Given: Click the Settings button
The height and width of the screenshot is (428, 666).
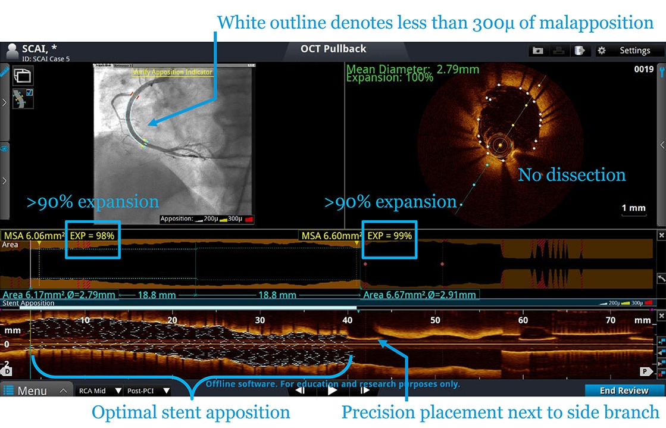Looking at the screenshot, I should click(x=634, y=51).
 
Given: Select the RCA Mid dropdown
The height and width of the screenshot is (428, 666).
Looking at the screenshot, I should click(x=99, y=391).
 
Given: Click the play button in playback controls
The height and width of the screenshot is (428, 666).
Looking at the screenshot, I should click(x=332, y=390).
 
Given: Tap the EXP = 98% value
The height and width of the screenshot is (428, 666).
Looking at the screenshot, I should click(x=92, y=236).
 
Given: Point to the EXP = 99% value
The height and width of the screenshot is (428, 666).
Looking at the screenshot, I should click(x=389, y=236).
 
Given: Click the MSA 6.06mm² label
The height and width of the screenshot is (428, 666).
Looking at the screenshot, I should click(x=33, y=236).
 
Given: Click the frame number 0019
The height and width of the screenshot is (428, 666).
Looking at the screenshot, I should click(x=643, y=70).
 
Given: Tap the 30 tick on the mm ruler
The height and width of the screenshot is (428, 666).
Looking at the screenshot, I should click(x=259, y=320).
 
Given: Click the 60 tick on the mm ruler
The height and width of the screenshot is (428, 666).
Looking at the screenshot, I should click(x=523, y=320).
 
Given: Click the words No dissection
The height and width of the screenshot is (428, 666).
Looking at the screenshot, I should click(x=571, y=175).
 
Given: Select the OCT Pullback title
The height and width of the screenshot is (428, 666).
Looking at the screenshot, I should click(x=333, y=49).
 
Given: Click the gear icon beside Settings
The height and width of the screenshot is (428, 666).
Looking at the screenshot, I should click(x=601, y=51).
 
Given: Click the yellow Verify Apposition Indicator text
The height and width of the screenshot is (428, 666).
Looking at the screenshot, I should click(x=172, y=72).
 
